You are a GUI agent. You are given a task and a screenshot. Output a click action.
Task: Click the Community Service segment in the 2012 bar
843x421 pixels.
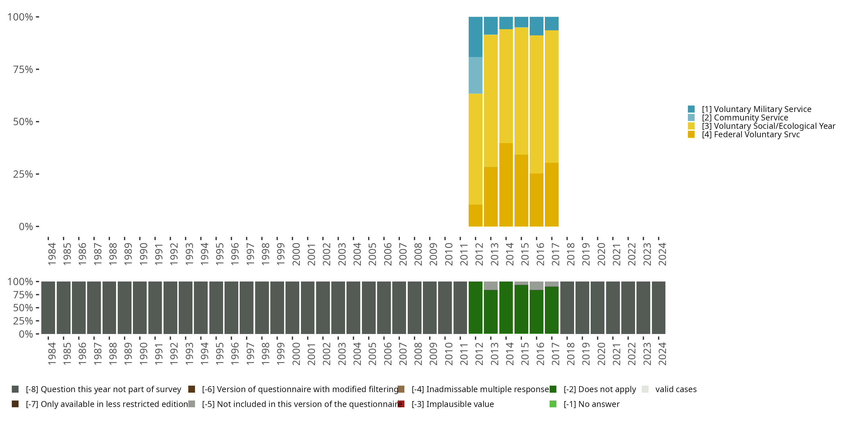click(475, 75)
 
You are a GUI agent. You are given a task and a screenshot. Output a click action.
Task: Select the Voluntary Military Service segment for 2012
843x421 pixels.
click(475, 37)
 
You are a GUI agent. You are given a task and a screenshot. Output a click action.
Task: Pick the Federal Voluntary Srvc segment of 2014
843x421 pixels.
click(506, 185)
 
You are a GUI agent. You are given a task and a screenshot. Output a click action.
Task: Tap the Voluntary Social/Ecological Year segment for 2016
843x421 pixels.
click(536, 104)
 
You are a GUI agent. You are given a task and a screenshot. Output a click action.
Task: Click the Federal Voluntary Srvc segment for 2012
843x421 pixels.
click(475, 215)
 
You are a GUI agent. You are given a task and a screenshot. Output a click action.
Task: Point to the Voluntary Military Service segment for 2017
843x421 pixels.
click(552, 24)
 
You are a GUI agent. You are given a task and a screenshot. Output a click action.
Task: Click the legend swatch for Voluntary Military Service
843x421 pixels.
click(691, 109)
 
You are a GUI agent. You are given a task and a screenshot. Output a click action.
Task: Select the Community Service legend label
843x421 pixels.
click(745, 118)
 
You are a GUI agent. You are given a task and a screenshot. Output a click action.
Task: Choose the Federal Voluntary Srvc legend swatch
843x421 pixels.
click(691, 134)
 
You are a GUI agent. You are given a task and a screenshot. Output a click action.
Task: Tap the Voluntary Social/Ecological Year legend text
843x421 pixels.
click(768, 126)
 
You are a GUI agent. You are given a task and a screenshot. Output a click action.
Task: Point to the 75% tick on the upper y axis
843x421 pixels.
click(38, 69)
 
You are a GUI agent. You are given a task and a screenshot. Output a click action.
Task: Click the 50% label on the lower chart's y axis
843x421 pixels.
click(23, 308)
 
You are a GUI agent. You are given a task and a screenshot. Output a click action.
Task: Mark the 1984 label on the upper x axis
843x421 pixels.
click(52, 254)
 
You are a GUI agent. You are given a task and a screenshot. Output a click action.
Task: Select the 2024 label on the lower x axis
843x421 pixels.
click(662, 354)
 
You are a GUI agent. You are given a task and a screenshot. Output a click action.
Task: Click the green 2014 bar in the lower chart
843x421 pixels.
click(506, 308)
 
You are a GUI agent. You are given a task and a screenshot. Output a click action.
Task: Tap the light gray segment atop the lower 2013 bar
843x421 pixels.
click(491, 286)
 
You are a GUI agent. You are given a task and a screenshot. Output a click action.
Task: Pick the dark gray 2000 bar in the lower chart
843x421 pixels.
click(292, 308)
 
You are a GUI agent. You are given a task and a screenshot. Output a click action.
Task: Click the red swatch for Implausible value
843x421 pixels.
click(401, 404)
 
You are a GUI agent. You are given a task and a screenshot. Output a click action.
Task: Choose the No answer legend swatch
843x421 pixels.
click(553, 404)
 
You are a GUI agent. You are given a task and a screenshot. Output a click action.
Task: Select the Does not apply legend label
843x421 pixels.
click(600, 389)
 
